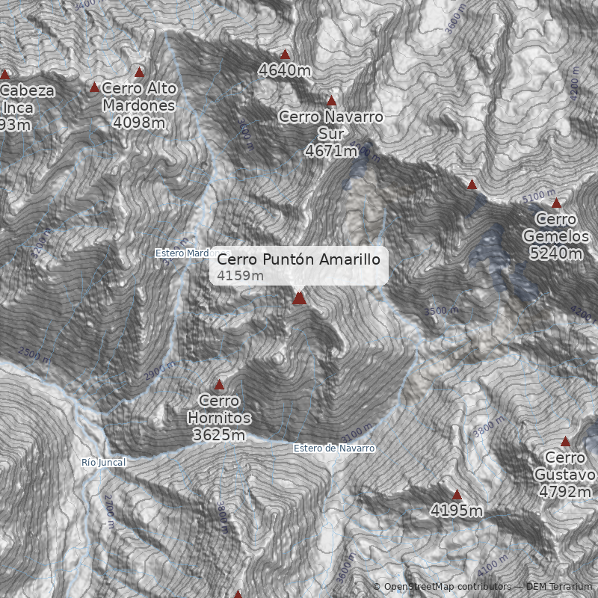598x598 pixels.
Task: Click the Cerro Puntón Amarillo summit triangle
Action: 300,298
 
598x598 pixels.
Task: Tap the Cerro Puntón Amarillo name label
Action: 299,259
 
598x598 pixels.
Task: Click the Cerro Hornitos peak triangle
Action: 219,385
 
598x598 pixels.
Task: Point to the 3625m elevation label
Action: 219,435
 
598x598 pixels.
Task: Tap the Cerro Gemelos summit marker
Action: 556,203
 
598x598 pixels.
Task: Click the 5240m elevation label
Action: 555,253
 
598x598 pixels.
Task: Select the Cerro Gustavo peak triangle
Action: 566,441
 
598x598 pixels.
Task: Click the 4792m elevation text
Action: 565,492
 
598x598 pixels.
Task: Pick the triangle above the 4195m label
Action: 457,494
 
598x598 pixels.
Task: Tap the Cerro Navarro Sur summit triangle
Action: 331,100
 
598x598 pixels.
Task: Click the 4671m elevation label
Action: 330,150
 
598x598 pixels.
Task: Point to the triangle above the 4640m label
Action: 285,54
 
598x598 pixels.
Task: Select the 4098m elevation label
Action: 139,123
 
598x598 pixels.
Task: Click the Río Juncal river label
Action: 103,463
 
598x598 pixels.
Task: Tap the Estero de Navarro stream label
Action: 333,448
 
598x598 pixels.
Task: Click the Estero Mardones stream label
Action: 182,253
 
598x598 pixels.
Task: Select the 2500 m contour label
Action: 35,354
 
